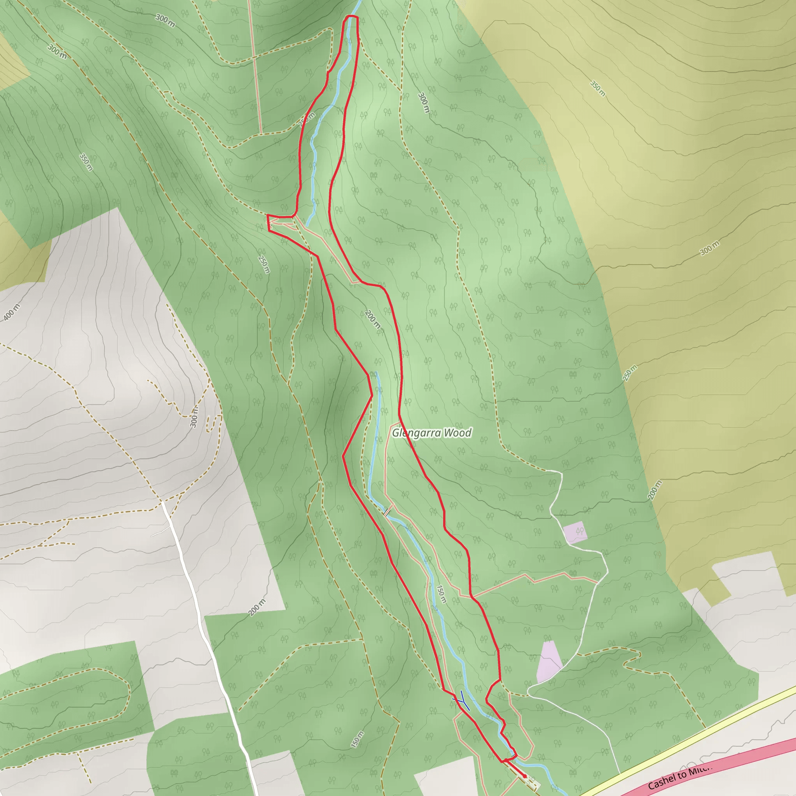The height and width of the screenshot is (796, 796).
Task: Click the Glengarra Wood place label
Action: pyautogui.click(x=431, y=433)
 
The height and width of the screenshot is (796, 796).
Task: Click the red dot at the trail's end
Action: pyautogui.click(x=524, y=776)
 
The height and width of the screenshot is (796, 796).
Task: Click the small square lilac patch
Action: pyautogui.click(x=576, y=532)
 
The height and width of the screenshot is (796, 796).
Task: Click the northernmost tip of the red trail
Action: pyautogui.click(x=351, y=16)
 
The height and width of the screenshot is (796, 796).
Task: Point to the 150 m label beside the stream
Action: pyautogui.click(x=441, y=594)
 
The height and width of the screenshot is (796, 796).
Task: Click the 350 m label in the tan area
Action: pyautogui.click(x=598, y=89)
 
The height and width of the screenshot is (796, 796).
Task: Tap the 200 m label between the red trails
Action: pyautogui.click(x=372, y=319)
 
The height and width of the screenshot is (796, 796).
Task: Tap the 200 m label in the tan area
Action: pyautogui.click(x=655, y=490)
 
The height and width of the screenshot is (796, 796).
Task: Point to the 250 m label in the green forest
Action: pyautogui.click(x=264, y=264)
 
